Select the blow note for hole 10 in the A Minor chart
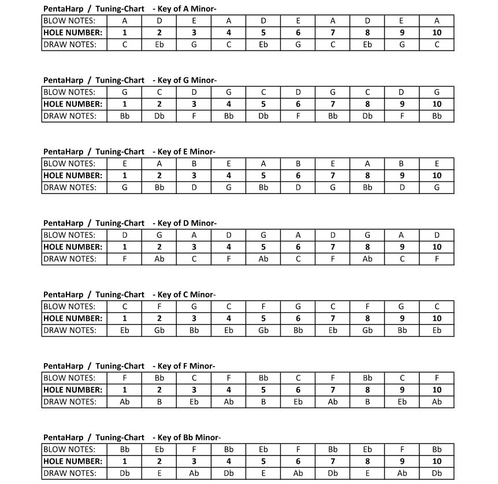pos(437,21)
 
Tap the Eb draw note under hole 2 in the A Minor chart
pos(159,45)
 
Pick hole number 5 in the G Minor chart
pos(263,104)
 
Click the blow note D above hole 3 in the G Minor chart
pos(194,92)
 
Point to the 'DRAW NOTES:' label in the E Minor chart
pos(70,187)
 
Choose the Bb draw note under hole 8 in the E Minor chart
pos(367,187)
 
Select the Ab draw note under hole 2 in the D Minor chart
pos(159,259)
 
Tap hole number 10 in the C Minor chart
pos(437,318)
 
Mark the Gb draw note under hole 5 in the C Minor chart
pos(263,330)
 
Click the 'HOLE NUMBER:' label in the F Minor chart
pos(73,390)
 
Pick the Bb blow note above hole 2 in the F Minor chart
pos(159,378)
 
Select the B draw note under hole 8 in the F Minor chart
pos(367,402)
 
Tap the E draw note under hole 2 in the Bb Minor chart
pos(159,473)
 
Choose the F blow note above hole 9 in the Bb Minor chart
pos(402,449)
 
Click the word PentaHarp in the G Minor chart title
pos(63,80)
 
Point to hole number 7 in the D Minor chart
pos(333,247)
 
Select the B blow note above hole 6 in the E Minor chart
pos(298,164)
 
